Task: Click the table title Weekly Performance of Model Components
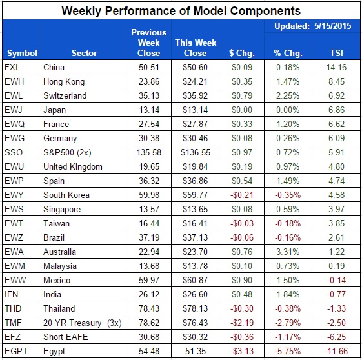(x=181, y=10)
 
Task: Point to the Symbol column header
(x=21, y=53)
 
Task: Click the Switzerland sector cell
(x=66, y=95)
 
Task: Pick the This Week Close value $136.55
(x=193, y=152)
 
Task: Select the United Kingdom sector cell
(x=73, y=166)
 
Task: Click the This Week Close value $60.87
(x=193, y=280)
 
